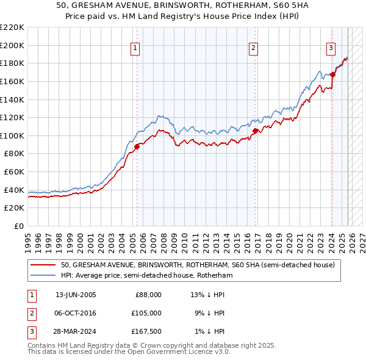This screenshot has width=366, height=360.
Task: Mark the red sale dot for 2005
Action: pos(137,146)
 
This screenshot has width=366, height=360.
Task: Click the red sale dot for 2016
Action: pos(255,131)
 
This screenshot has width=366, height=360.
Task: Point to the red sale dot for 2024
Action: pos(333,74)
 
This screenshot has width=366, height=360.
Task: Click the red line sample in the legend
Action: pos(43,265)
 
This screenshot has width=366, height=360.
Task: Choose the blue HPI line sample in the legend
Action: pos(43,276)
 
